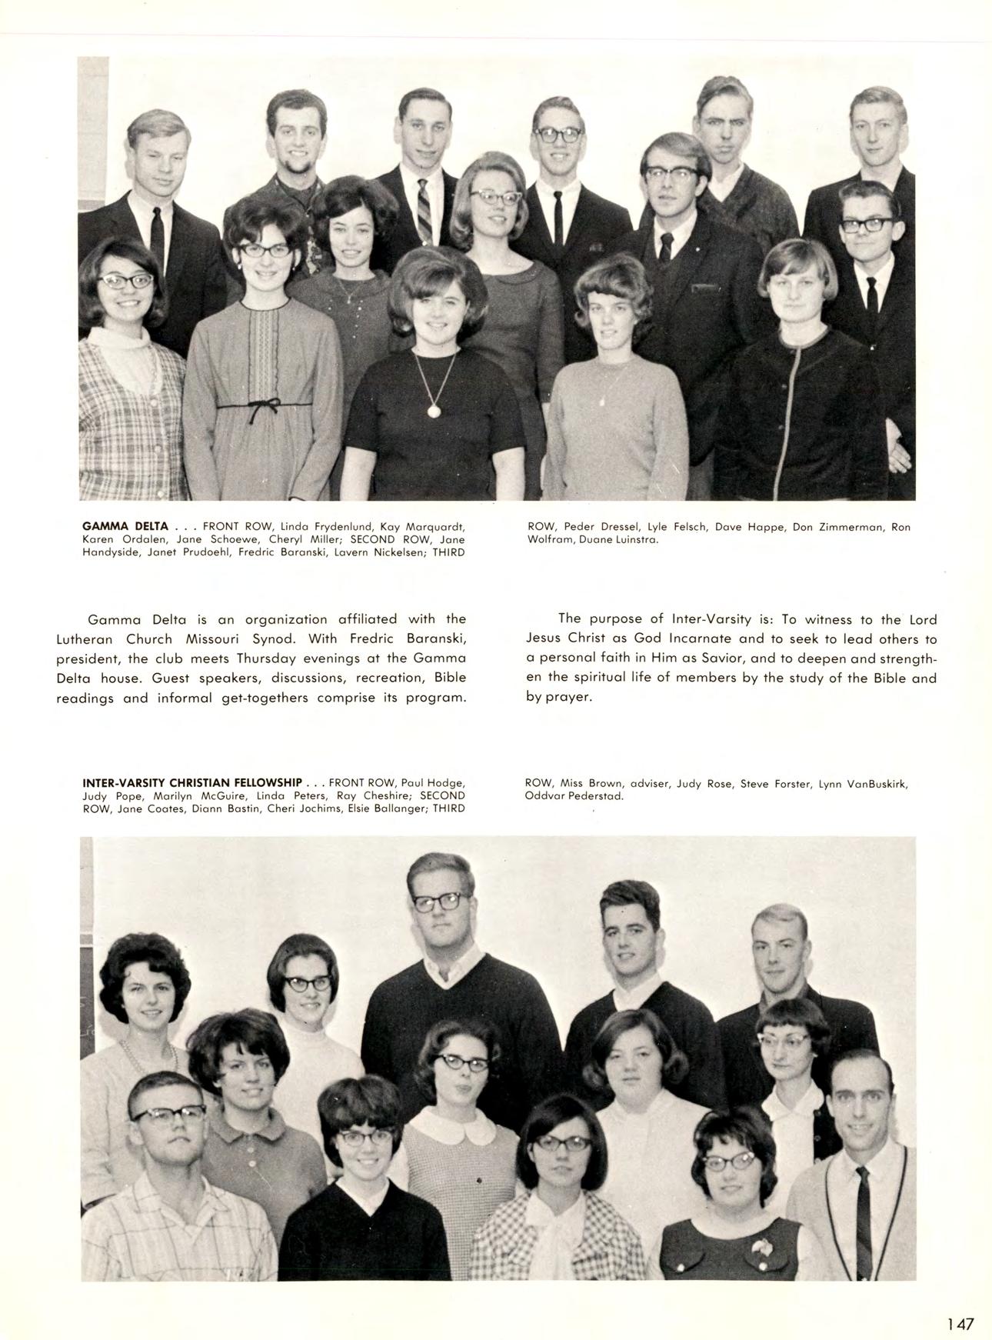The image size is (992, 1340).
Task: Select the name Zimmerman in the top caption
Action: click(840, 527)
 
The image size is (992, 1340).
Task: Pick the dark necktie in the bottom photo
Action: click(864, 1215)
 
